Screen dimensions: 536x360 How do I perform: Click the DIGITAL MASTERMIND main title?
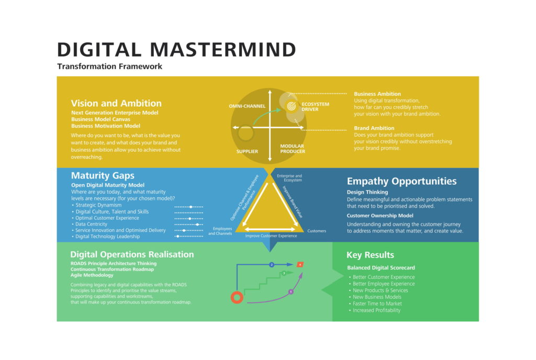point(176,50)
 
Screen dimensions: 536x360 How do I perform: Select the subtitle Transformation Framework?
point(110,66)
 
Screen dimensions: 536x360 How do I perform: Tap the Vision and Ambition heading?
point(116,103)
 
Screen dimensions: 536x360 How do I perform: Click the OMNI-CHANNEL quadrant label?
point(247,106)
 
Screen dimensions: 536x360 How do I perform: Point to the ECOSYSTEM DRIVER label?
point(315,107)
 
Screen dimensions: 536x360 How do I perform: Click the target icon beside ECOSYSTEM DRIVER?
point(291,106)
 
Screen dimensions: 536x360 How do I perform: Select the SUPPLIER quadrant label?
point(247,151)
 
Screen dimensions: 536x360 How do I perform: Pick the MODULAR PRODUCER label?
point(293,149)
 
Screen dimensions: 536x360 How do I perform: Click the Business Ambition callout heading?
point(377,94)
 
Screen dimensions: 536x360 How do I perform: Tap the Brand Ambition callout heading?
point(374,128)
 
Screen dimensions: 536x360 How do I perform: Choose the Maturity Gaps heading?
point(103,176)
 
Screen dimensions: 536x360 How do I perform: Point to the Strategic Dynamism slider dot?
point(191,207)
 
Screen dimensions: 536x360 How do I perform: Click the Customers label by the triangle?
point(317,231)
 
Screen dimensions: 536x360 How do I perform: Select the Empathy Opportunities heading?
point(401,181)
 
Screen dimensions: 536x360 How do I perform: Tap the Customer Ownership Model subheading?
point(380,216)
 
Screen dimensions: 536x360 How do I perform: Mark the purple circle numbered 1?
point(291,291)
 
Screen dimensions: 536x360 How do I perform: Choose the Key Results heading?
point(370,255)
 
